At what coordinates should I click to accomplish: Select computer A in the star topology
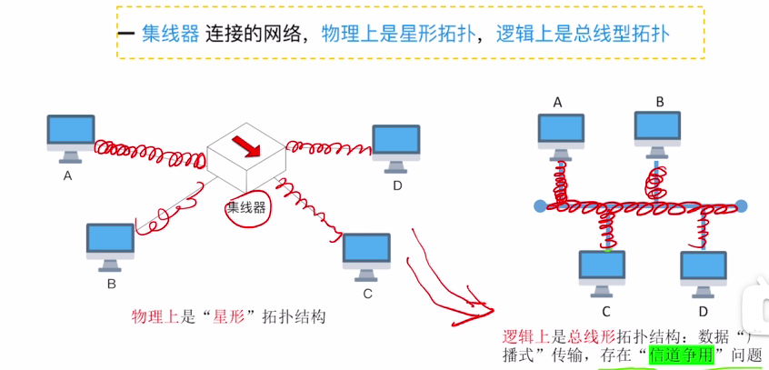[x=71, y=136]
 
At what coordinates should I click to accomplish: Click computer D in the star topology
[x=397, y=147]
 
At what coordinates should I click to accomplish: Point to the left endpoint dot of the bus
[x=540, y=206]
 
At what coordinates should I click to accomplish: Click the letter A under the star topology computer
[x=67, y=176]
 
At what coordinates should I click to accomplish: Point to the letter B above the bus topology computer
[x=660, y=101]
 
